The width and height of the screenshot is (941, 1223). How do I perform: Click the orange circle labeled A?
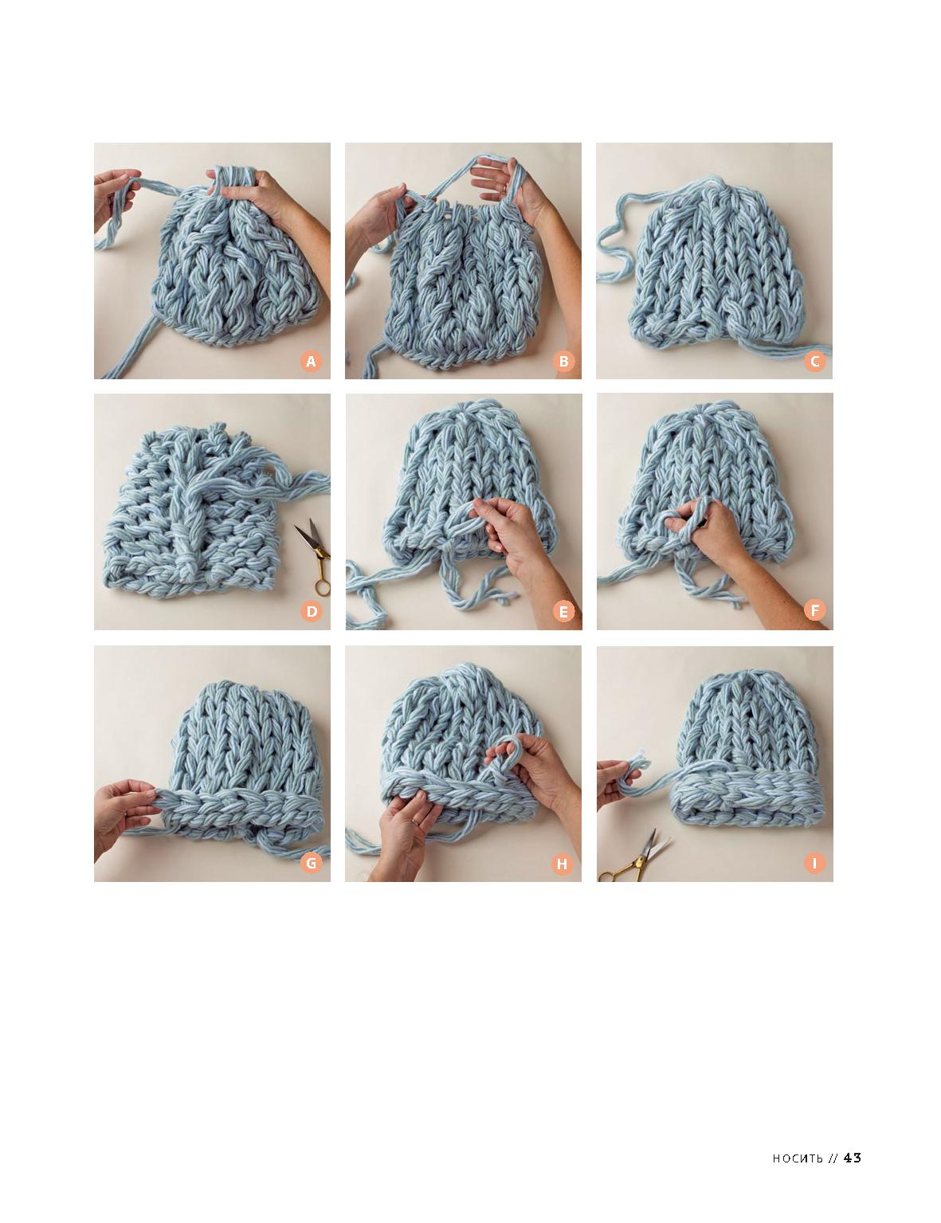point(311,361)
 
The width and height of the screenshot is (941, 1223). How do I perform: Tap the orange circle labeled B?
point(563,361)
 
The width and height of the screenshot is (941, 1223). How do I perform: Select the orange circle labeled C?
point(814,361)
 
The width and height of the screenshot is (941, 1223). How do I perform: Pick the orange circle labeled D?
point(311,611)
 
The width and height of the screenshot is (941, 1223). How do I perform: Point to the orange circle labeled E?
point(563,611)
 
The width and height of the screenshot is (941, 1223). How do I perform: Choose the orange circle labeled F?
point(814,610)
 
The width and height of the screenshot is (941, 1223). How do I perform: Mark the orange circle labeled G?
point(311,862)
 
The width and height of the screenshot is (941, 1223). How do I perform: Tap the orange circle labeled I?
point(814,862)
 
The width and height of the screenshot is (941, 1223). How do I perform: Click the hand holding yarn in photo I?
point(618,782)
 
